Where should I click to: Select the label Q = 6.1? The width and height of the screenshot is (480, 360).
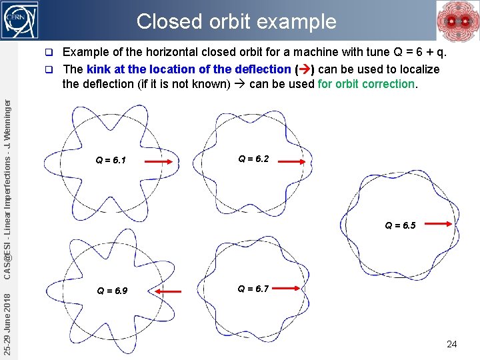pyautogui.click(x=111, y=160)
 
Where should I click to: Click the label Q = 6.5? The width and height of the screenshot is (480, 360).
pyautogui.click(x=400, y=225)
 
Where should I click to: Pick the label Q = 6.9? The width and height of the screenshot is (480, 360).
pyautogui.click(x=112, y=291)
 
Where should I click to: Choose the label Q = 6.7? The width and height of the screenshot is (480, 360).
pyautogui.click(x=253, y=289)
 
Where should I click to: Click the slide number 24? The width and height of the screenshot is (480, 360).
pyautogui.click(x=451, y=344)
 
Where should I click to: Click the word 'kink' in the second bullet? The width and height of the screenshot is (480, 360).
pyautogui.click(x=97, y=69)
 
